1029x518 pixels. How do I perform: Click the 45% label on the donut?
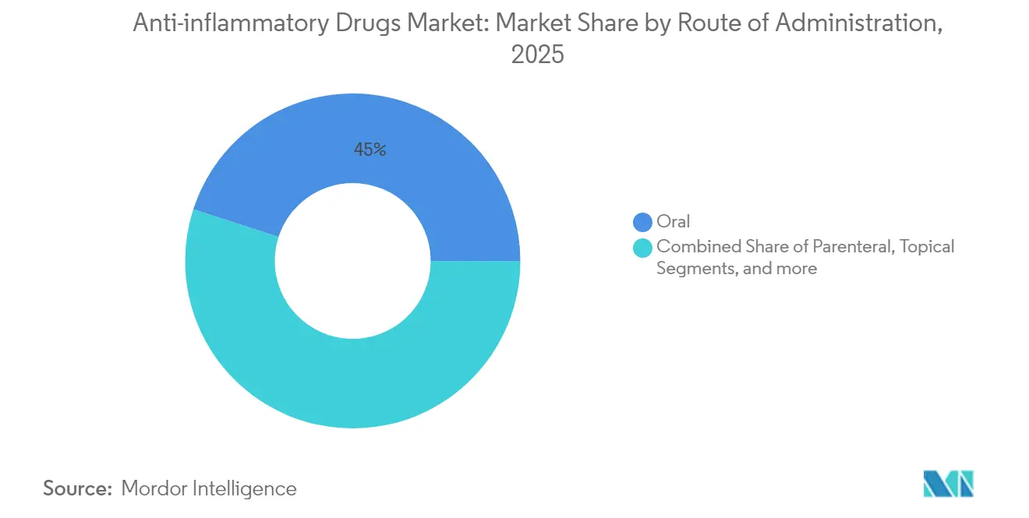[x=370, y=150]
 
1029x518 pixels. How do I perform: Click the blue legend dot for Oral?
[x=642, y=223]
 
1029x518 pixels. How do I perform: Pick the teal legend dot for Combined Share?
[x=642, y=248]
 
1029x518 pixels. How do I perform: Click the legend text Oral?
[x=674, y=222]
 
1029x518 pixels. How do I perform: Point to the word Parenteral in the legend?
[x=854, y=247]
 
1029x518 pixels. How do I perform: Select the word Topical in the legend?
[x=927, y=247]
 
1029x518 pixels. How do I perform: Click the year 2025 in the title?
[x=537, y=55]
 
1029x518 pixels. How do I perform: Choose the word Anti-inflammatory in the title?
[x=221, y=24]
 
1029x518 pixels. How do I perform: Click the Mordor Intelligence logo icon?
[x=948, y=484]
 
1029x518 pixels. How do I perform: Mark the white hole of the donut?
[x=352, y=261]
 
